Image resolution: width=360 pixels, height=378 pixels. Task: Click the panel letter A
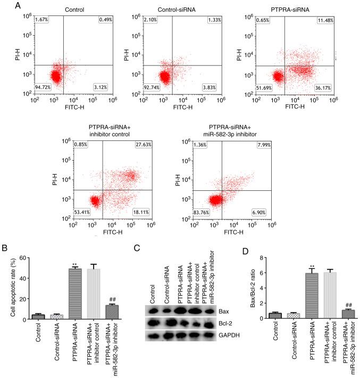click(x=4, y=5)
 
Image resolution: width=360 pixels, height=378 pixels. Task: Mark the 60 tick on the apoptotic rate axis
click(x=23, y=258)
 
